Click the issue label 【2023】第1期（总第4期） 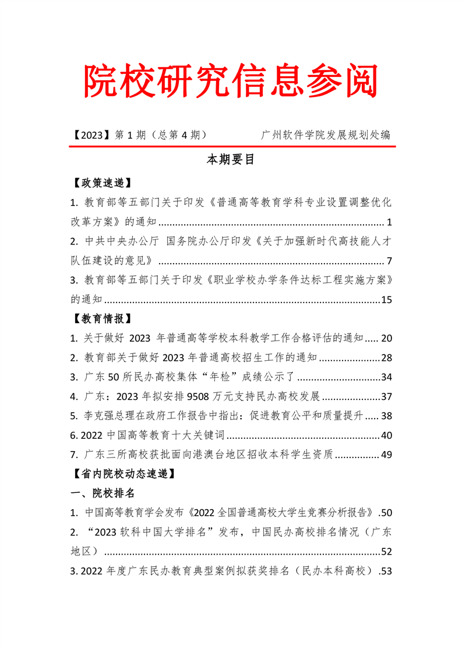coord(139,135)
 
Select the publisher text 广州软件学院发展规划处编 coord(326,135)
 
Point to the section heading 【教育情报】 coord(100,318)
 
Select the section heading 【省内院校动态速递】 coord(121,474)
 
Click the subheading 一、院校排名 coord(103,494)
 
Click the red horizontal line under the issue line coord(231,147)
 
